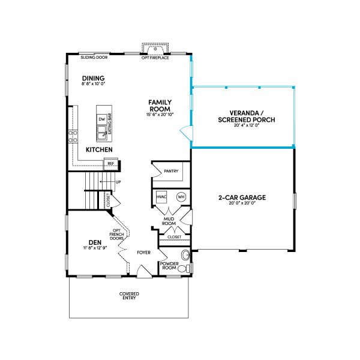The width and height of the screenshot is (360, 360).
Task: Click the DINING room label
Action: pos(94,78)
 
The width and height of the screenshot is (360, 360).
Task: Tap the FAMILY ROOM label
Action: pos(160,106)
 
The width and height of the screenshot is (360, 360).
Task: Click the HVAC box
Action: pos(161,197)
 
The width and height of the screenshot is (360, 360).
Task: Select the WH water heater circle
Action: pos(181,197)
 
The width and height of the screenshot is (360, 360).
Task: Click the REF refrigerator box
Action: pos(110,163)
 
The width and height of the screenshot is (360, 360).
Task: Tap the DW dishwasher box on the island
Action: pos(102,119)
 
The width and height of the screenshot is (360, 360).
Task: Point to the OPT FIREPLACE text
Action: pos(155,58)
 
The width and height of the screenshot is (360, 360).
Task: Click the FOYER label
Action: pos(143,253)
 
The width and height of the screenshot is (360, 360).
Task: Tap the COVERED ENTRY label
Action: pos(129,296)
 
